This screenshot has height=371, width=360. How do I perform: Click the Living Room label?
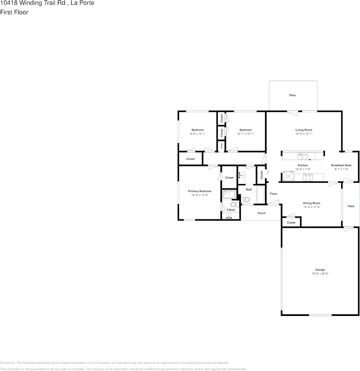[303, 130]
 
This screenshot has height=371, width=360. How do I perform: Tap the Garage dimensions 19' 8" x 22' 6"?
[320, 274]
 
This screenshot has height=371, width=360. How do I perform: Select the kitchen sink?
[303, 156]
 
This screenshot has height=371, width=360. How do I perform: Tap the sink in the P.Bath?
[229, 215]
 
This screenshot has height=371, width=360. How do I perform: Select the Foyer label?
[273, 194]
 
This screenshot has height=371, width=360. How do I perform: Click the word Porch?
[261, 213]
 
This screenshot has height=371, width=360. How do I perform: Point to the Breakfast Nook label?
[341, 165]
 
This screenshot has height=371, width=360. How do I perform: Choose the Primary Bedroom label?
[199, 191]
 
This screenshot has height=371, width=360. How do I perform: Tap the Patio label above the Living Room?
[292, 95]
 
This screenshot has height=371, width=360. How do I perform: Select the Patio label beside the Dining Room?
[351, 206]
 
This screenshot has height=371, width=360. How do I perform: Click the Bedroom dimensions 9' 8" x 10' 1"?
[197, 134]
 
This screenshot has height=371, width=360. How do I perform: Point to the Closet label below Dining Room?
[291, 222]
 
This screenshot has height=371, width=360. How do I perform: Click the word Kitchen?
[303, 165]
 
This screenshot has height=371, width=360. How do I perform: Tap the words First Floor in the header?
[14, 12]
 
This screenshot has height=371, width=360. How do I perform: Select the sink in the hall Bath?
[241, 175]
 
